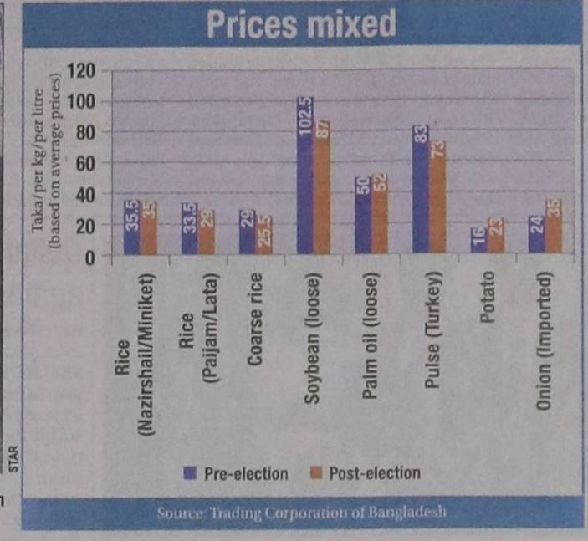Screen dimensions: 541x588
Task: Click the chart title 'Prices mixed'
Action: click(301, 24)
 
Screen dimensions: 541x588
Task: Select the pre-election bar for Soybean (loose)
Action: click(305, 176)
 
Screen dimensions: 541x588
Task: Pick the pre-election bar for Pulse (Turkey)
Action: click(421, 188)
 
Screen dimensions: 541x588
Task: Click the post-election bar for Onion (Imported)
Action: click(554, 226)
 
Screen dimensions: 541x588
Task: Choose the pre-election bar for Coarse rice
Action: click(248, 232)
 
